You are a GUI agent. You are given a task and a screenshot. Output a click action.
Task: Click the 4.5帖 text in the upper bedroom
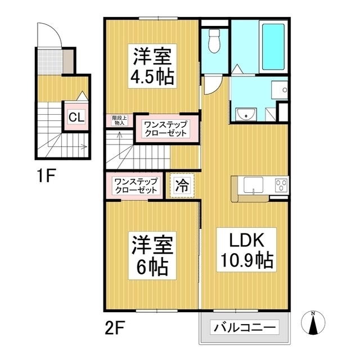[x=153, y=75]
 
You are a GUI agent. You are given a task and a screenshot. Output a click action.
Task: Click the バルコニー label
[x=244, y=327]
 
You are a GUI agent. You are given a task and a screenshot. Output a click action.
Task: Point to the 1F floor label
[x=47, y=177]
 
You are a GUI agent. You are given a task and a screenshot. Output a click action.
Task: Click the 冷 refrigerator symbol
[x=182, y=185]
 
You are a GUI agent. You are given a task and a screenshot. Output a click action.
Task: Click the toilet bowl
[x=214, y=40]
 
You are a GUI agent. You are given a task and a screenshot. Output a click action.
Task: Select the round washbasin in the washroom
[x=246, y=115]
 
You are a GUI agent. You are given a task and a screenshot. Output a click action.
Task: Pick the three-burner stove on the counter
[x=280, y=186]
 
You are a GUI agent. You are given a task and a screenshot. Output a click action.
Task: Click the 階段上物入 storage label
[x=119, y=119]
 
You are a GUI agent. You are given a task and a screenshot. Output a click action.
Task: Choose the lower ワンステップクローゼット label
[x=136, y=186]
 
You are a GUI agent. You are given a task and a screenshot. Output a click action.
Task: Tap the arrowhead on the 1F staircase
[x=84, y=148]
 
